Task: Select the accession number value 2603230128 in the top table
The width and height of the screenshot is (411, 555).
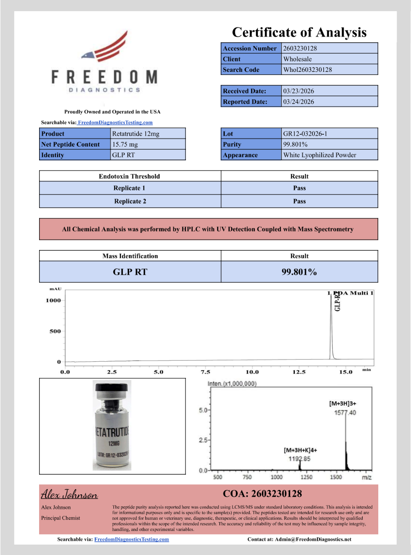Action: coord(300,48)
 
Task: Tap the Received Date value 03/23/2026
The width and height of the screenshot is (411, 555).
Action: coord(298,91)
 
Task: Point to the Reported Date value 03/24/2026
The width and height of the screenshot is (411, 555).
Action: coord(298,102)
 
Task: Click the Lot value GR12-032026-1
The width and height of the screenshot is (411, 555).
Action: coord(305,134)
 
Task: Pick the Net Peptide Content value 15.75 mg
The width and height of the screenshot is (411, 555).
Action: coord(125,145)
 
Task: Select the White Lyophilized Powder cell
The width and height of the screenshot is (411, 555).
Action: coord(320,155)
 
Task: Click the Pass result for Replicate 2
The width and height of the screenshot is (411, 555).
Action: coord(299,201)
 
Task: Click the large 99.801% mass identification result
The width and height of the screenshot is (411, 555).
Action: coord(299,272)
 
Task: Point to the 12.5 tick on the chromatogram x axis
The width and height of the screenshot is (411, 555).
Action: coord(299,372)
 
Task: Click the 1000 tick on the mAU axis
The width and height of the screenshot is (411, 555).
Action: coord(53,301)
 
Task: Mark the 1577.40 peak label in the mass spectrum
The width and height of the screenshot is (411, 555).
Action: coord(345,412)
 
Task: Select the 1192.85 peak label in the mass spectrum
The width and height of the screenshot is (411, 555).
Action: coord(299,459)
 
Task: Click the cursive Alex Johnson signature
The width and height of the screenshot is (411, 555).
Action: coord(69,494)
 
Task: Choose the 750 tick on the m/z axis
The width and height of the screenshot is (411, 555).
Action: coord(247,477)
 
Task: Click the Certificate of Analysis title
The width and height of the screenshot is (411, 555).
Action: coord(299,32)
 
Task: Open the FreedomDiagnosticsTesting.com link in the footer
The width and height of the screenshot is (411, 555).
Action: coord(131,539)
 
